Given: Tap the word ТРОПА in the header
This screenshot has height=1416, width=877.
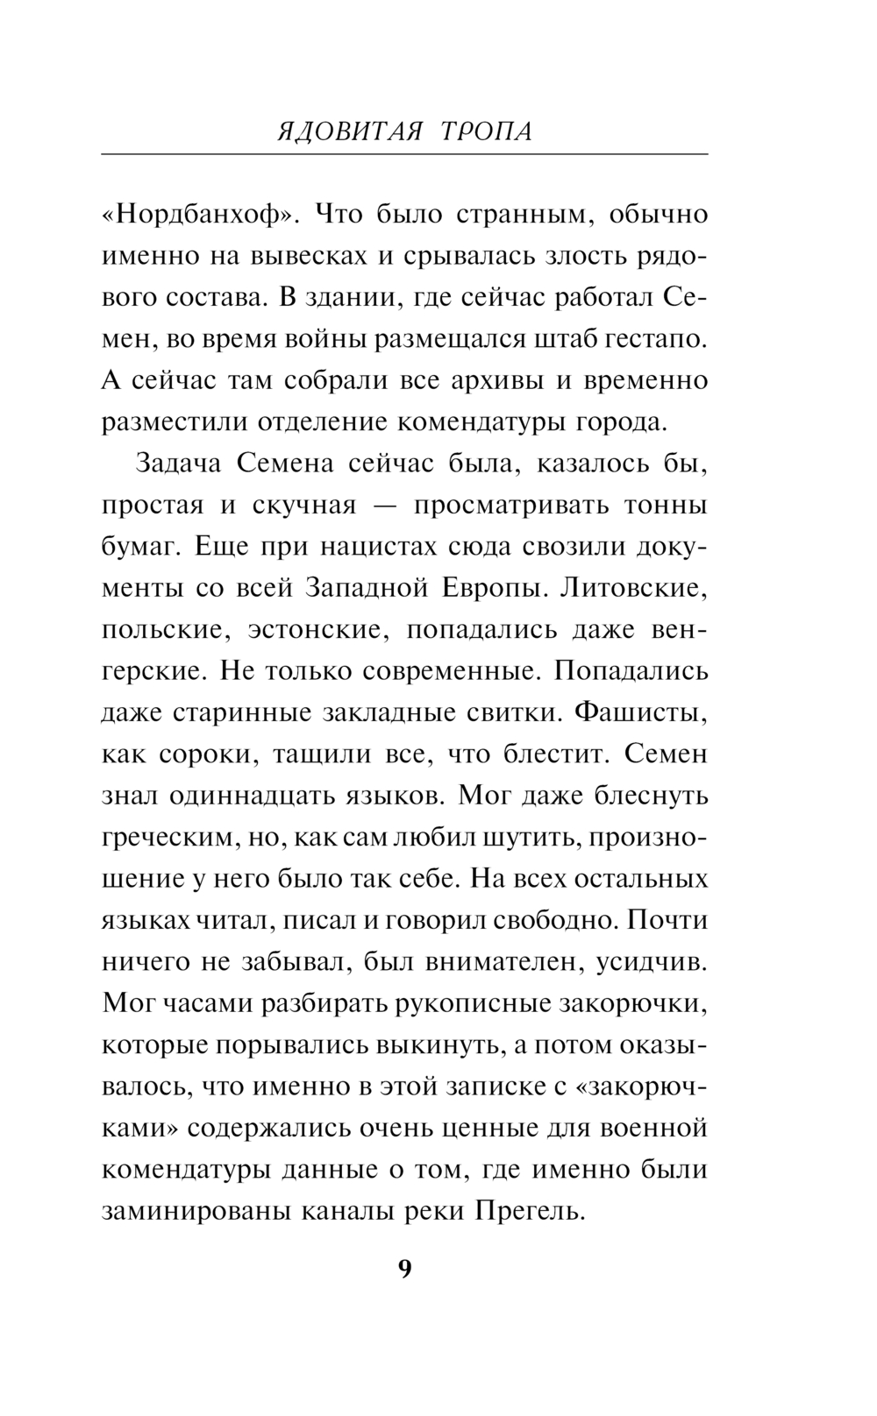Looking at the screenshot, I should (x=485, y=131).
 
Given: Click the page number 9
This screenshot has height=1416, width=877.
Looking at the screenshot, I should (x=404, y=1269).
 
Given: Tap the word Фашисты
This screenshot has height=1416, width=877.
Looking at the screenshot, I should (x=639, y=712).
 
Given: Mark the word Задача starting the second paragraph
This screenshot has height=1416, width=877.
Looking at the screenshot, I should (x=179, y=464).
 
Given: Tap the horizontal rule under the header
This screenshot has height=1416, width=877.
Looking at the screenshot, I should (x=404, y=155).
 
